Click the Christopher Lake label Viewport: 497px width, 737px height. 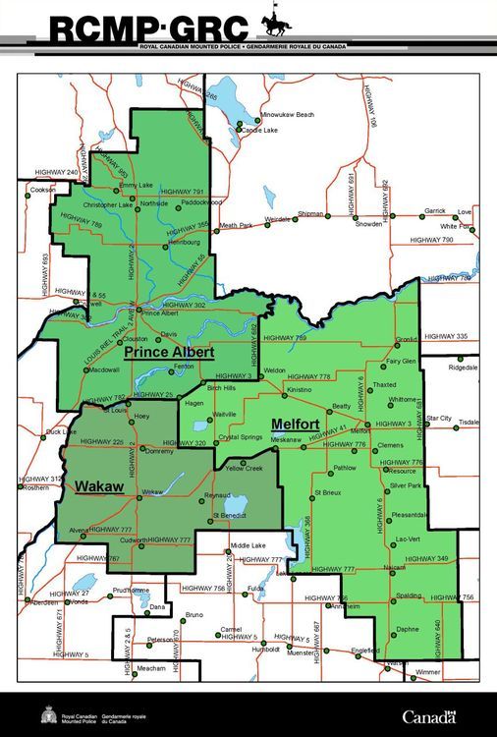[x=107, y=204]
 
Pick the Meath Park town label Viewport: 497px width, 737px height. [x=236, y=225]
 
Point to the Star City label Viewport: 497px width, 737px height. [x=438, y=418]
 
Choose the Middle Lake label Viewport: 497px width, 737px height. [x=248, y=544]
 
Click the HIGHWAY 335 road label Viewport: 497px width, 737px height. [x=449, y=336]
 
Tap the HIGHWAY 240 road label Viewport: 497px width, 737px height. [x=58, y=172]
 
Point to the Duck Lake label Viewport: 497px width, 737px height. [x=61, y=431]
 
